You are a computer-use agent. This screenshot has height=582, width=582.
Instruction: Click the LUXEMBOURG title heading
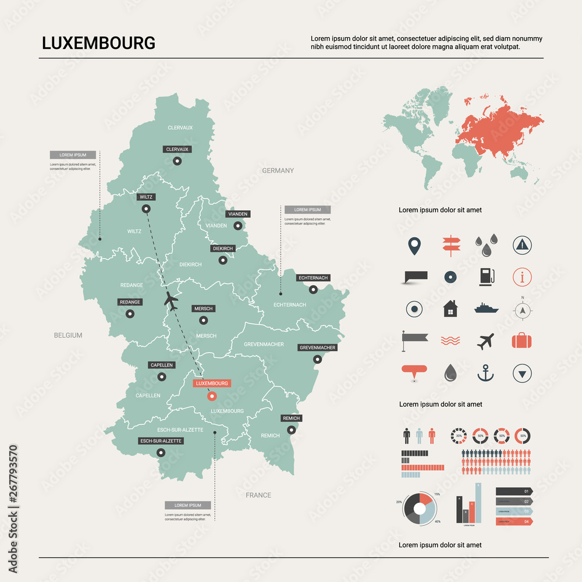98,43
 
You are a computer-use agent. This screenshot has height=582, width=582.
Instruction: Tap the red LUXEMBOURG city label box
212,384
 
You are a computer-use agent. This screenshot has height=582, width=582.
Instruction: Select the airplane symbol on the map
171,300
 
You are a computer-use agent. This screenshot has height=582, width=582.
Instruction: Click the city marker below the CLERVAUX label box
177,161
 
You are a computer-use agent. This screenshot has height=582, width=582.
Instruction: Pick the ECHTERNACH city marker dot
313,290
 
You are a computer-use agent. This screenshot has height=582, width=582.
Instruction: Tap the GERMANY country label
278,171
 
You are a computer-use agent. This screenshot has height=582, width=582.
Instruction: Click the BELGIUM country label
68,335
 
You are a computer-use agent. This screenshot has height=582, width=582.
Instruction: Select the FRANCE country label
258,495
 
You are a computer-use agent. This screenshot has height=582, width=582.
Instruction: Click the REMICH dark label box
291,418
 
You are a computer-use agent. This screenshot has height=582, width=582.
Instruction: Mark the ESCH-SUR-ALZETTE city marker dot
161,452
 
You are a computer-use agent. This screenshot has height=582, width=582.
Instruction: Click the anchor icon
485,372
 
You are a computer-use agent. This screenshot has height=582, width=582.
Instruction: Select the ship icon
486,308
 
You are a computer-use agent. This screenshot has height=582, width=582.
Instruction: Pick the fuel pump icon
486,276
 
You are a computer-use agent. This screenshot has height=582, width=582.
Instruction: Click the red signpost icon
450,245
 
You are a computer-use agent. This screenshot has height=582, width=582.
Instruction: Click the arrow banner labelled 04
514,521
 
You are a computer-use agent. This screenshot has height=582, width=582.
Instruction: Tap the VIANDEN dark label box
237,214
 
